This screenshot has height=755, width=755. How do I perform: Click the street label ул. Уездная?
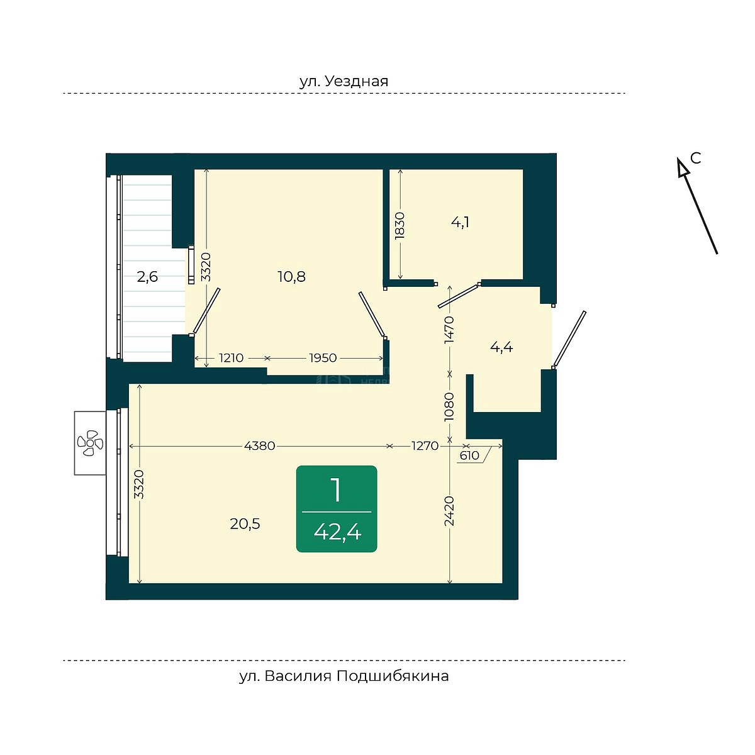[344, 82]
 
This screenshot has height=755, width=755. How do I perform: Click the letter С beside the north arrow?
[695, 158]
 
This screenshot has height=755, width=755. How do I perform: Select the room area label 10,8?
[291, 277]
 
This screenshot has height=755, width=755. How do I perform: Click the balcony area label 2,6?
[147, 277]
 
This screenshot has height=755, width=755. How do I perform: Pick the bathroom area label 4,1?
[460, 223]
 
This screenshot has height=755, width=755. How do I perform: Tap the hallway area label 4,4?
[501, 347]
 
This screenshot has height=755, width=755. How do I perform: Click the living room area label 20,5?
[245, 524]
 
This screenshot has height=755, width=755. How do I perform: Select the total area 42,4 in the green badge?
[337, 532]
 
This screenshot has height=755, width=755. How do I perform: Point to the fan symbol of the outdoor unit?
[90, 443]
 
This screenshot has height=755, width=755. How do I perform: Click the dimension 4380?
[259, 446]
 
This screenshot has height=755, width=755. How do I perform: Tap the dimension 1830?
[400, 226]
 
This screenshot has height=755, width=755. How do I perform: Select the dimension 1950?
[323, 358]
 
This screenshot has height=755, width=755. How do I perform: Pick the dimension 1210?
[231, 358]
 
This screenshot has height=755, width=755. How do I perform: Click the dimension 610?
[469, 456]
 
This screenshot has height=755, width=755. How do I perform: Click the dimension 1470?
[449, 330]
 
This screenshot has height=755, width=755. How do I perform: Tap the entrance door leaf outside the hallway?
[569, 339]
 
